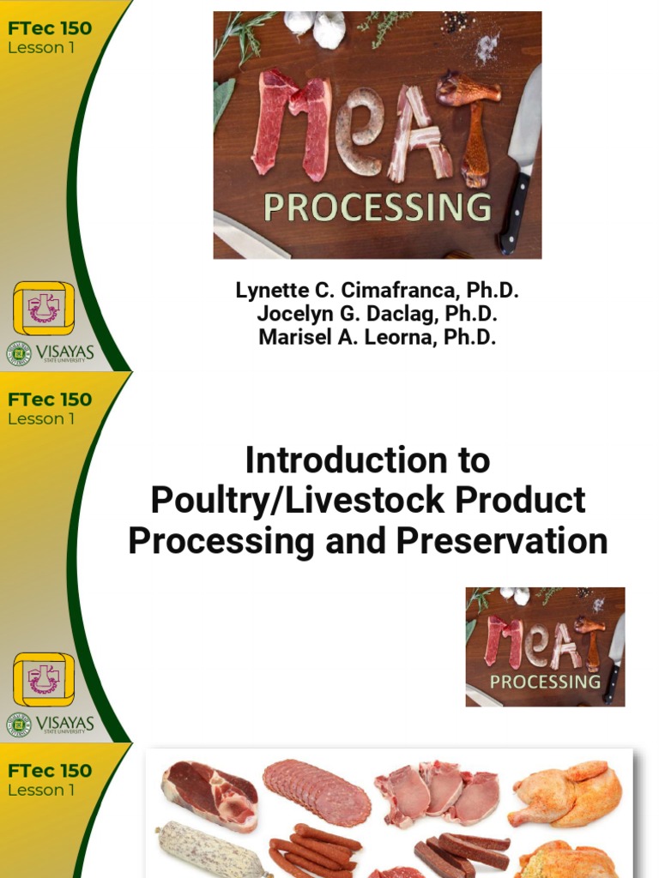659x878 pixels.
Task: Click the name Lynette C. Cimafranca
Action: [x=378, y=291]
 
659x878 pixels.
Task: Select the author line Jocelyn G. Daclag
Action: [x=378, y=314]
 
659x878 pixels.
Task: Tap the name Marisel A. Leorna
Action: [x=378, y=337]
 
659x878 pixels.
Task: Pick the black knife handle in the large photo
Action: [x=516, y=210]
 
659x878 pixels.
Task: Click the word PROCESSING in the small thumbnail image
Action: [x=545, y=682]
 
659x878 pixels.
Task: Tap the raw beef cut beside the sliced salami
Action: [x=209, y=792]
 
